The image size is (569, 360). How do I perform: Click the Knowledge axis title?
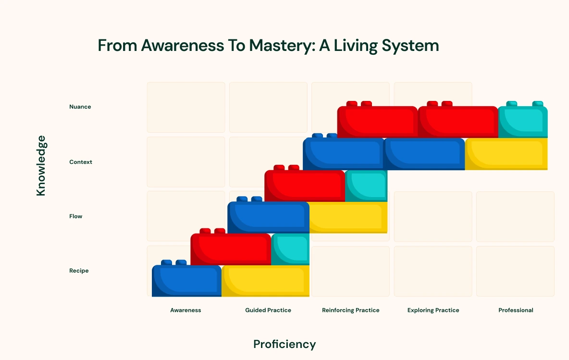[41, 166]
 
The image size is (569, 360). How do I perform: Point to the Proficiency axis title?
[284, 344]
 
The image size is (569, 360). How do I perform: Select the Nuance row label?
[80, 107]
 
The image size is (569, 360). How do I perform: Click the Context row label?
[81, 162]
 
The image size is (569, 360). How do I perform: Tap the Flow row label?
[76, 216]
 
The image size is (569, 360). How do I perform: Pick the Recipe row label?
[79, 271]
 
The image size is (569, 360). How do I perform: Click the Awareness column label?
[186, 310]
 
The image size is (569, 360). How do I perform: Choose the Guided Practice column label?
[268, 310]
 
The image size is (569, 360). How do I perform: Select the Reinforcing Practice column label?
[351, 310]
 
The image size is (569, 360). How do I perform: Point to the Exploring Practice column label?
[433, 310]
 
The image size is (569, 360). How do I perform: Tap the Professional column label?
[516, 310]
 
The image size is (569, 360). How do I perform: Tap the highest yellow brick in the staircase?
[506, 154]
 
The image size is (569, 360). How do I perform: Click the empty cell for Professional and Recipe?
[515, 271]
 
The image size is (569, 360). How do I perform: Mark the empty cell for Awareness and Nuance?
[186, 107]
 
